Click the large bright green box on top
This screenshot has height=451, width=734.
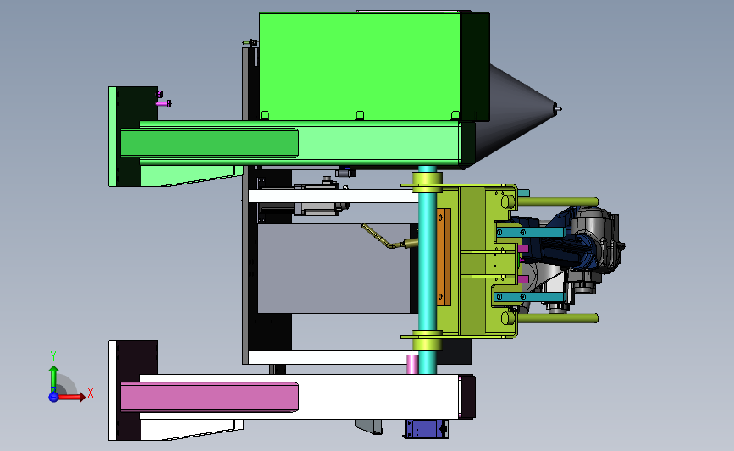point(360,67)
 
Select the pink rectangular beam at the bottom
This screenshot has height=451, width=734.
point(209,397)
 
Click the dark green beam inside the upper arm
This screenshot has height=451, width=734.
point(209,143)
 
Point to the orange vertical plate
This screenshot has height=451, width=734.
point(444,257)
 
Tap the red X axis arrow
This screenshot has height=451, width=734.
point(70,397)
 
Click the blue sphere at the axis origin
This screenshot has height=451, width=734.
point(53,397)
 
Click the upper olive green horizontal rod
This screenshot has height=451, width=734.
point(557,202)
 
